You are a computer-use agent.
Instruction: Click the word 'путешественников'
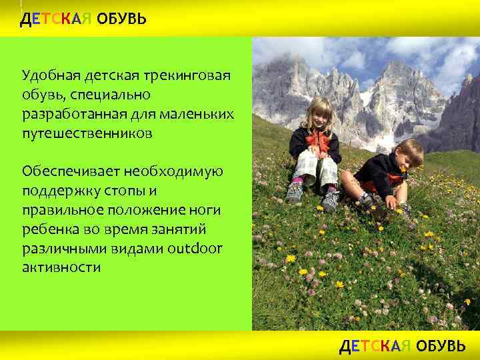(87, 133)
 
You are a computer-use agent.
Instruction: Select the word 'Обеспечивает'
(68, 171)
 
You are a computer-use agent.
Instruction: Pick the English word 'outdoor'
(198, 249)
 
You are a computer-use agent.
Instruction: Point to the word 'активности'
(61, 268)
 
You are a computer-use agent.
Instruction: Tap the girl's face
(317, 115)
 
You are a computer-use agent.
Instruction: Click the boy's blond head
(407, 151)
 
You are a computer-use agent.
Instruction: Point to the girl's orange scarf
(318, 138)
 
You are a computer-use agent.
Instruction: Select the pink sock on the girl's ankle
(298, 180)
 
